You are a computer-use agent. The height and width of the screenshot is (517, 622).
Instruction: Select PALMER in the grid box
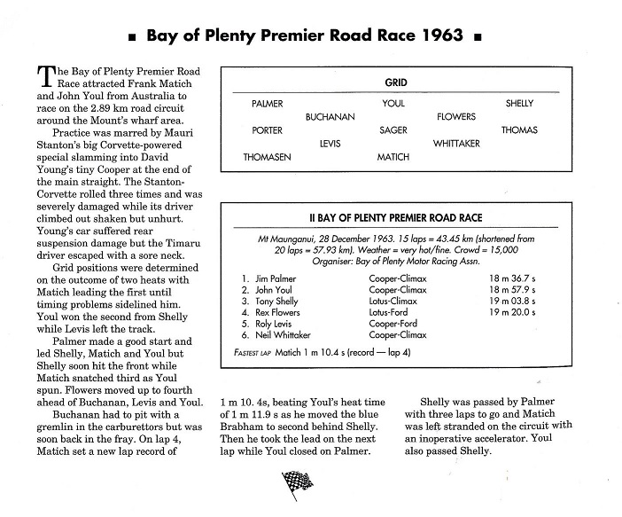[x=268, y=104]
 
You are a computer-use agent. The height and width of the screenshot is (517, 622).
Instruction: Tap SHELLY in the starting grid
[x=519, y=104]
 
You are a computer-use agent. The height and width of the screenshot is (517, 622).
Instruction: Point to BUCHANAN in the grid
[x=330, y=117]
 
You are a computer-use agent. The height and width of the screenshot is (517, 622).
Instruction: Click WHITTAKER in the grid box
[x=456, y=144]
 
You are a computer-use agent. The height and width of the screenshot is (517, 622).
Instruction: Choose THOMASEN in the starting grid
[x=267, y=157]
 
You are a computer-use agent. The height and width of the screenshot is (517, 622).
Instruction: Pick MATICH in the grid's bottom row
[x=393, y=157]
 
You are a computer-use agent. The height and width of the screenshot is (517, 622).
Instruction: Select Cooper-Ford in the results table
[x=393, y=324]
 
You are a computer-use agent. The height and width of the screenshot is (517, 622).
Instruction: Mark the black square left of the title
[x=132, y=38]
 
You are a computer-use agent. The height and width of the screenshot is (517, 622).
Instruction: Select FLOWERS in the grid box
[x=456, y=117]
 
